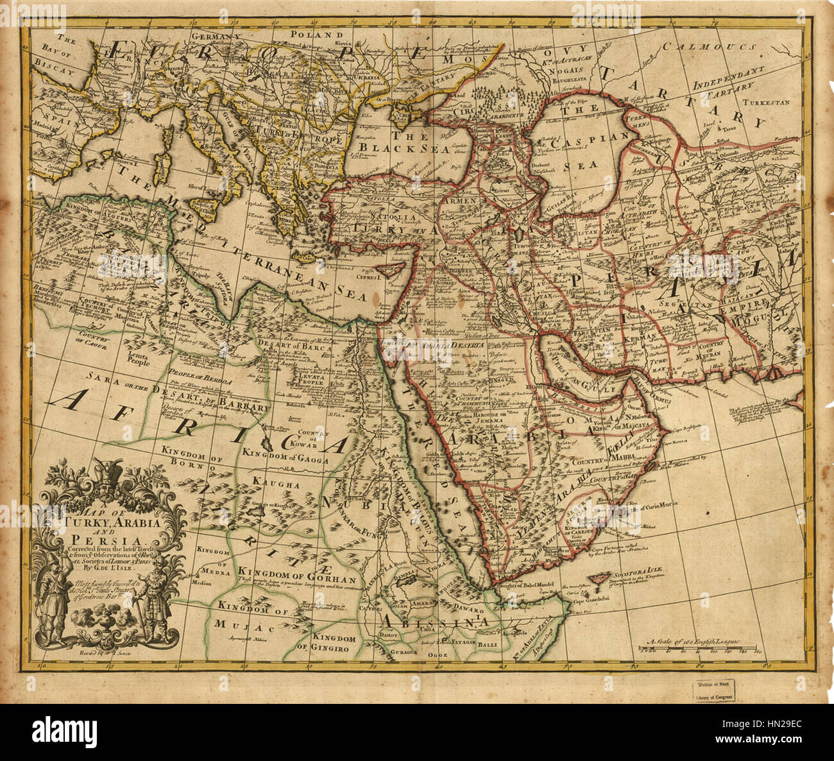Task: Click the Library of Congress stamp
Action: click(715, 690)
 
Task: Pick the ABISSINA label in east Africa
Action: click(436, 621)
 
